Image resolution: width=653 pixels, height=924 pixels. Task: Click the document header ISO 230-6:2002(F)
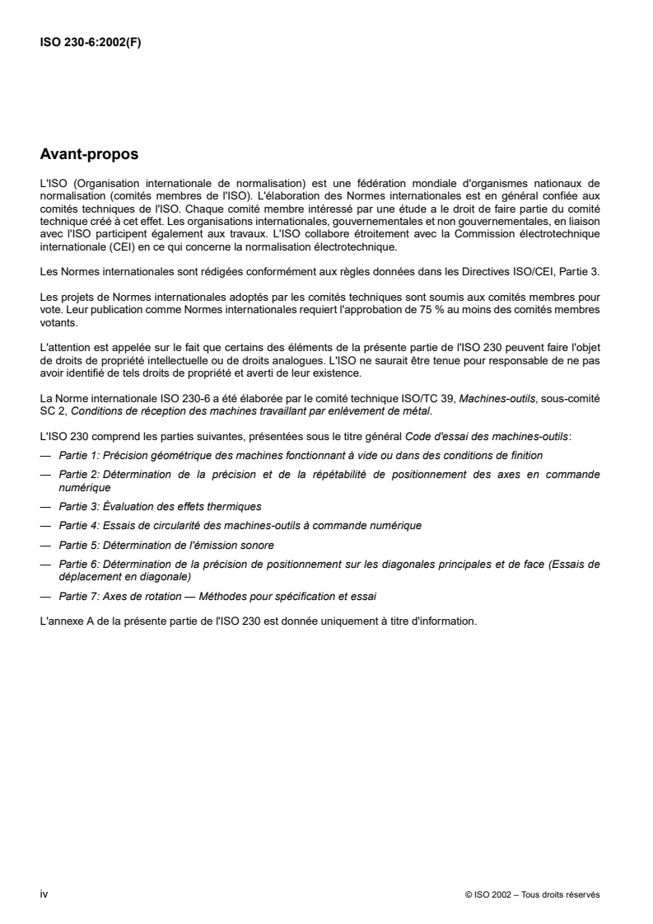[x=91, y=43]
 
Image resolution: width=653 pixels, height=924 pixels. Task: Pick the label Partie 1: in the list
[x=78, y=455]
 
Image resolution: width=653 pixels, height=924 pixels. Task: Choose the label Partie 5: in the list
[x=78, y=545]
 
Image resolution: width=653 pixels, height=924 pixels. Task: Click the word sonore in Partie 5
[x=257, y=545]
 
